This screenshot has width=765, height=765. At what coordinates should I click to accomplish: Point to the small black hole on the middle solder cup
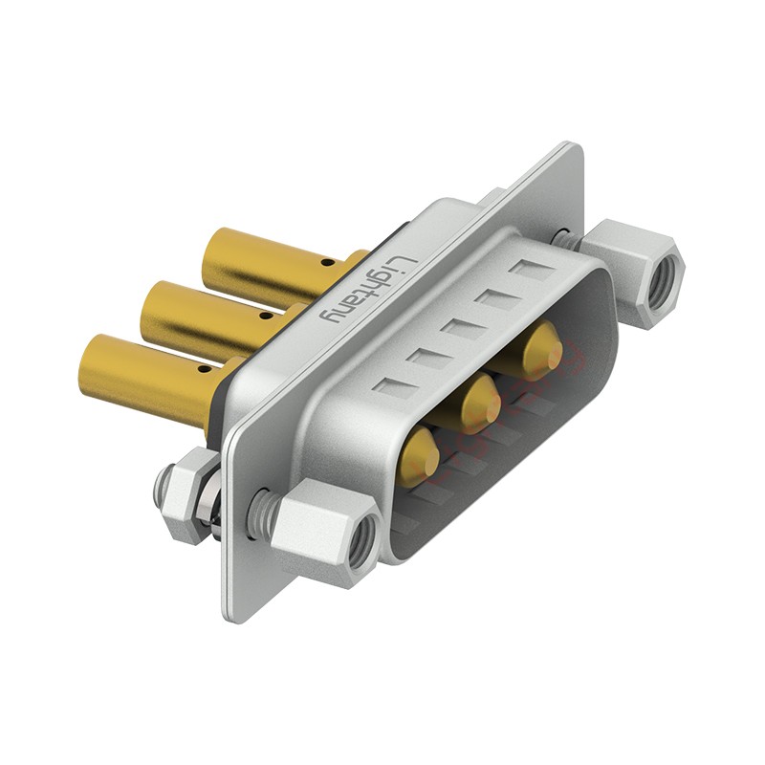pyautogui.click(x=266, y=316)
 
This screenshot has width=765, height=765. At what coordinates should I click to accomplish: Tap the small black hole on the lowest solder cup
pyautogui.click(x=206, y=369)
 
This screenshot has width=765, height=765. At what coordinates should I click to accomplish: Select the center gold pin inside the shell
pyautogui.click(x=481, y=401)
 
